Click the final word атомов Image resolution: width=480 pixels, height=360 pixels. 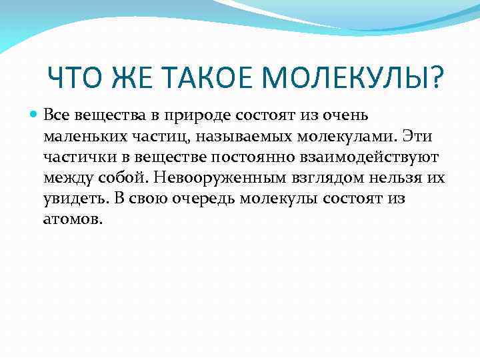tap(73, 220)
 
